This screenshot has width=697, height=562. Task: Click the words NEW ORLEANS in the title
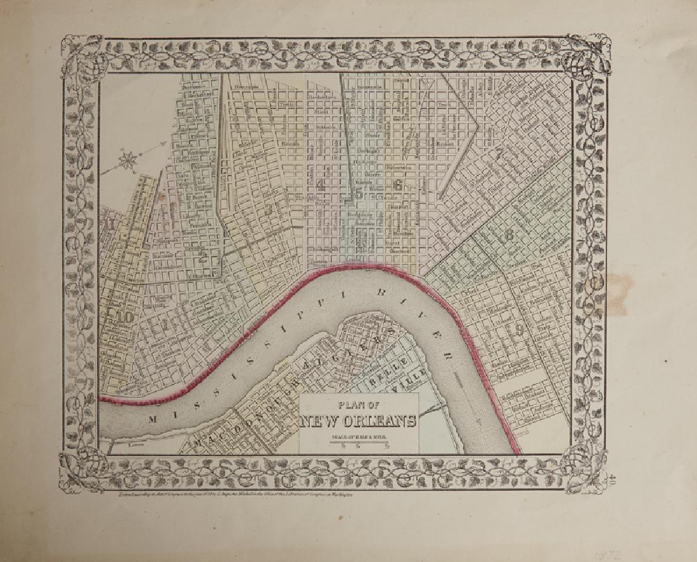tap(359, 421)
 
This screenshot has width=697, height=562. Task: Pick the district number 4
tap(321, 186)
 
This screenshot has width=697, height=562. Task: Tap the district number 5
tap(359, 194)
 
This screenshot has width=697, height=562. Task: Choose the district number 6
tap(398, 185)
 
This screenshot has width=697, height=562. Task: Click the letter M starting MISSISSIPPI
tap(152, 418)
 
